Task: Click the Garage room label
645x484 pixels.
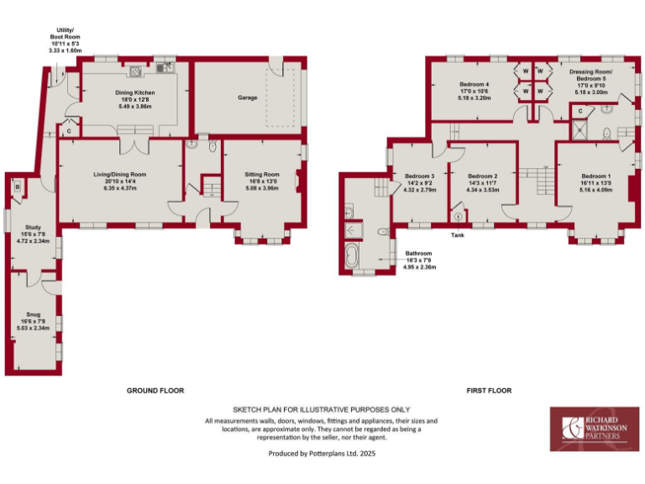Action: [x=247, y=97]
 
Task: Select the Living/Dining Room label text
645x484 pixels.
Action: [x=119, y=181]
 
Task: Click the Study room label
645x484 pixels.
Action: [x=34, y=233]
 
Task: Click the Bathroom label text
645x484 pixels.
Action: [x=418, y=260]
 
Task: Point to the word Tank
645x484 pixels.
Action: [x=457, y=234]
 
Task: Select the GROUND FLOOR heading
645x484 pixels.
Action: [x=155, y=390]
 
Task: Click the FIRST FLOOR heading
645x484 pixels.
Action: [x=489, y=390]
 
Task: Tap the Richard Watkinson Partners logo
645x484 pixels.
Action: [x=591, y=427]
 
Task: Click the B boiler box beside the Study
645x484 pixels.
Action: [x=17, y=186]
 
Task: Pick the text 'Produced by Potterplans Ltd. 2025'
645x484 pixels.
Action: [x=322, y=453]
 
